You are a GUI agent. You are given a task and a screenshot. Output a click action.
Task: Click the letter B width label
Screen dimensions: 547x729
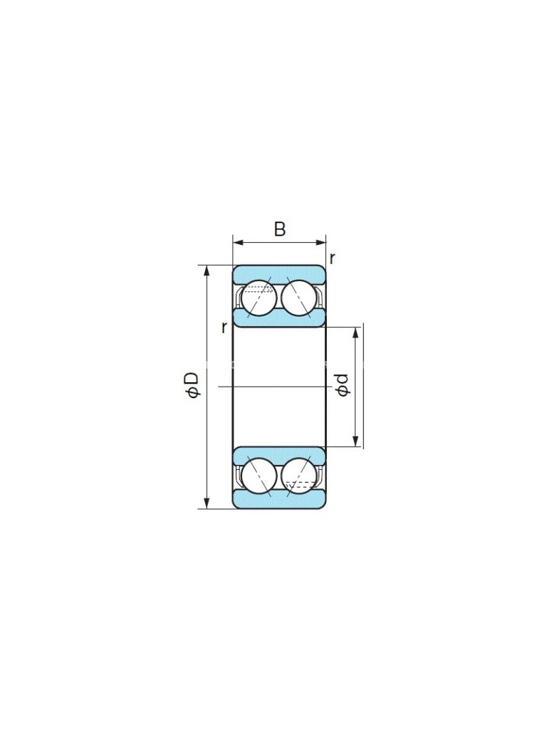click(x=279, y=229)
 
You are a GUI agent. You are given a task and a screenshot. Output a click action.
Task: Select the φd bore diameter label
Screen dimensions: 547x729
click(x=343, y=385)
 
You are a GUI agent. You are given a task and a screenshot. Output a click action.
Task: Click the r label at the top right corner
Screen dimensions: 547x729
click(x=332, y=258)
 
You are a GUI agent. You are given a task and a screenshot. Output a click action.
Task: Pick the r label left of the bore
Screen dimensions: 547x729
click(x=224, y=327)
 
